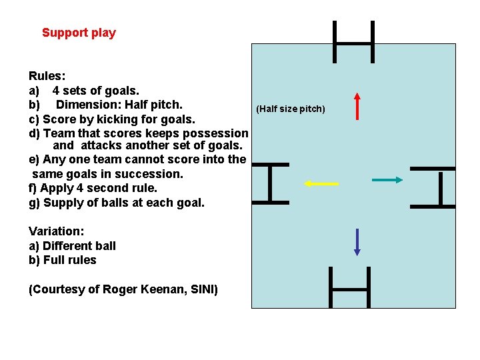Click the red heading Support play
pyautogui.click(x=79, y=33)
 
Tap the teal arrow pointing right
pyautogui.click(x=387, y=179)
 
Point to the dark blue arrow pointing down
pyautogui.click(x=357, y=242)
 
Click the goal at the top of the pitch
pyautogui.click(x=353, y=42)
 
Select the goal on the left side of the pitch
pyautogui.click(x=269, y=183)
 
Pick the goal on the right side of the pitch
pyautogui.click(x=440, y=187)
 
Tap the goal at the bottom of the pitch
pyautogui.click(x=349, y=288)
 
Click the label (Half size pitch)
pyautogui.click(x=291, y=109)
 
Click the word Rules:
pyautogui.click(x=47, y=77)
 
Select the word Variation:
pyautogui.click(x=57, y=231)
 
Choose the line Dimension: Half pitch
pyautogui.click(x=119, y=105)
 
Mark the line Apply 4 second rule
pyautogui.click(x=100, y=188)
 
